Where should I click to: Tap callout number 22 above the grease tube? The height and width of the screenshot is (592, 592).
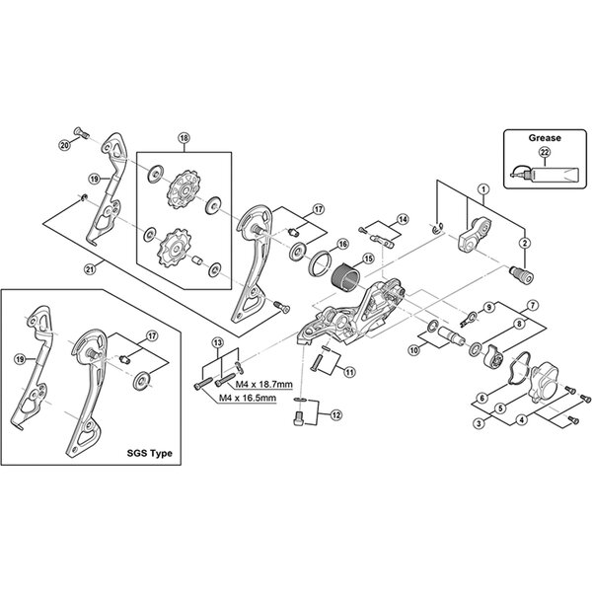pos(545,153)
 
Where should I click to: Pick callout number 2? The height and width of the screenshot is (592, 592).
pos(525,244)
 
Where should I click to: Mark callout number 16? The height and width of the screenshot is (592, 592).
pos(343,243)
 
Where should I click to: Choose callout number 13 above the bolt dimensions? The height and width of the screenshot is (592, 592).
pos(217,342)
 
